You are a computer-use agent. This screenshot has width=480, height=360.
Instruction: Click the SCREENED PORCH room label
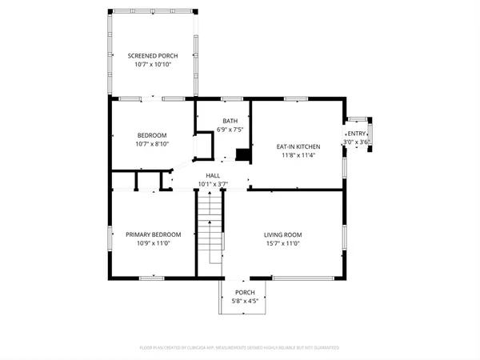[x=152, y=55]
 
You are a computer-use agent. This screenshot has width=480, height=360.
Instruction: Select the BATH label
[x=230, y=121]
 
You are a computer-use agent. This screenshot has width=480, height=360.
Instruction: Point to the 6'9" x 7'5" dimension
[x=230, y=130]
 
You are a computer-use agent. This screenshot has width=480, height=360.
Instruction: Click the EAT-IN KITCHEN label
[x=298, y=147]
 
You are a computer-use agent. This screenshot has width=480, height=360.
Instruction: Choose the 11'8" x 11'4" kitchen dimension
[x=298, y=156]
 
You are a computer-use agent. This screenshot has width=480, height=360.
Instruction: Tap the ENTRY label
[x=357, y=134]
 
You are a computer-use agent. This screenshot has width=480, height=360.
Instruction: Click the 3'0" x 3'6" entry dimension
[x=357, y=142]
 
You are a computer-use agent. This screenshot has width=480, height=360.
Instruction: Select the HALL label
[x=213, y=175]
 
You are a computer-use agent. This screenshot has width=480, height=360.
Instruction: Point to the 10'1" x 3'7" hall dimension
[x=213, y=184]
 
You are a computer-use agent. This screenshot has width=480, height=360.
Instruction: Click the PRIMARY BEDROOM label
[x=153, y=234]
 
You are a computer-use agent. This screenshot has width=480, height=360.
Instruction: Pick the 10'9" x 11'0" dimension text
[x=153, y=243]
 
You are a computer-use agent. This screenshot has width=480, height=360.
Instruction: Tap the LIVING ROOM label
[x=282, y=234]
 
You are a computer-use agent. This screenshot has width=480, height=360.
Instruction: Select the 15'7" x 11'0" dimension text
[x=282, y=243]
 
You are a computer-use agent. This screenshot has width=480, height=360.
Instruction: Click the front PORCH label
[x=244, y=293]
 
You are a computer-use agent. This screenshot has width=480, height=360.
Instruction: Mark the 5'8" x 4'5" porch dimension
[x=244, y=302]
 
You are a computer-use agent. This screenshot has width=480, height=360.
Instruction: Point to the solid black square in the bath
[x=243, y=154]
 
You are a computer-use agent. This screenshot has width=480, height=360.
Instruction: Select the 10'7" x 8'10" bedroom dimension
[x=152, y=144]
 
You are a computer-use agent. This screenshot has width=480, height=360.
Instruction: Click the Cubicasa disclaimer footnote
[x=240, y=348]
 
